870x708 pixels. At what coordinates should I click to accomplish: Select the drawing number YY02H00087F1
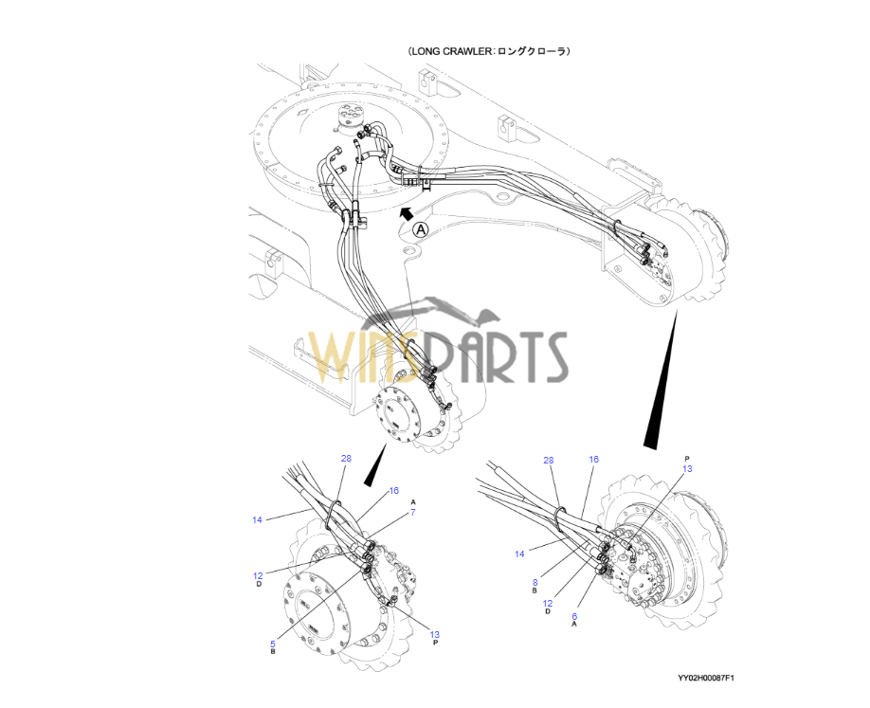[x=706, y=679]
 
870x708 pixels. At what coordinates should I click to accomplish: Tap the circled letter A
[x=421, y=228]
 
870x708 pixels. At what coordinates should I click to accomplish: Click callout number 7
[x=413, y=513]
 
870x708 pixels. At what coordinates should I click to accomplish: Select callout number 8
[x=535, y=583]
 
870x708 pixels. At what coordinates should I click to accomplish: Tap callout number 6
[x=573, y=616]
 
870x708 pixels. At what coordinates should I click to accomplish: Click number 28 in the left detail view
[x=346, y=459]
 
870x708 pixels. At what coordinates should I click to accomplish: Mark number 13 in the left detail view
[x=434, y=634]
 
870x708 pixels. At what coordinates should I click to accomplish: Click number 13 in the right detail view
[x=687, y=468]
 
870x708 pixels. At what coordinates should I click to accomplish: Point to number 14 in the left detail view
[x=257, y=519]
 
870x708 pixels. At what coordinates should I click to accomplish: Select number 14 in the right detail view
[x=519, y=554]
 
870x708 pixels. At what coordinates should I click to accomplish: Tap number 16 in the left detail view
[x=394, y=491]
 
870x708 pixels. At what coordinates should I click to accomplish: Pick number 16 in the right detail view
[x=593, y=460]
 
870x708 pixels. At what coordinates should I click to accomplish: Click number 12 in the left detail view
[x=258, y=575]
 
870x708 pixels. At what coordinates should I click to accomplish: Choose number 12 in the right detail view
[x=548, y=603]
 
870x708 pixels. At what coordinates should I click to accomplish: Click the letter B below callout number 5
[x=272, y=653]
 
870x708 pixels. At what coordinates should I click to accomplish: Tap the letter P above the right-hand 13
[x=687, y=459]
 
